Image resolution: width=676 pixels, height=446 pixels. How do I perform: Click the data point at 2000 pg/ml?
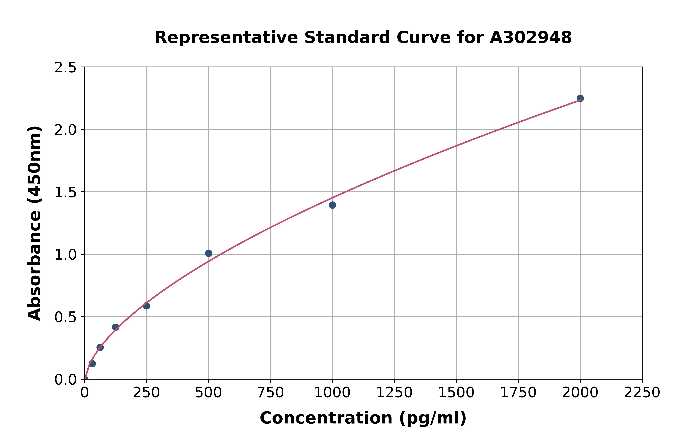click(x=580, y=98)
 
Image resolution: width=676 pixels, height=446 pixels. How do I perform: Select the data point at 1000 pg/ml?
click(x=332, y=205)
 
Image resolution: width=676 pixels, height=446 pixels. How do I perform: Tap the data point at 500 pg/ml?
click(x=209, y=253)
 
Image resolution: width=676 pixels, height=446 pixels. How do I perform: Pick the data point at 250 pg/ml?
click(x=146, y=306)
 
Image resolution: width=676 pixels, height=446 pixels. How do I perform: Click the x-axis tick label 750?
click(x=270, y=393)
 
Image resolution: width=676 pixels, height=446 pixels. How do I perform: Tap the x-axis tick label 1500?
click(x=456, y=393)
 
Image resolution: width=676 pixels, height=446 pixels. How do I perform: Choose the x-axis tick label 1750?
click(x=518, y=393)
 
